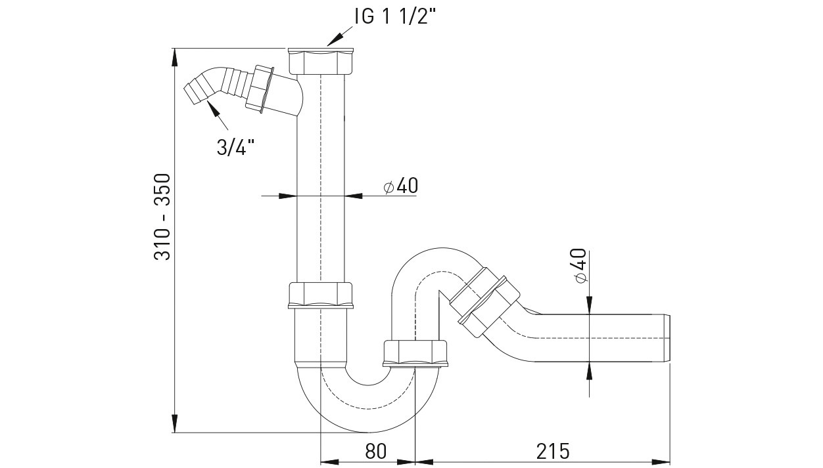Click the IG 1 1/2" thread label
[x=394, y=17]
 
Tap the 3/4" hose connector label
[x=235, y=147]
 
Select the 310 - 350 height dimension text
[x=162, y=217]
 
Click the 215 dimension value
[x=552, y=452]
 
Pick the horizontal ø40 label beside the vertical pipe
[x=400, y=186]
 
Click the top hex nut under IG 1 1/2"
[x=321, y=62]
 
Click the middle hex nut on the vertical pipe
[x=321, y=295]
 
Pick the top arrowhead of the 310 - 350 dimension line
[x=175, y=55]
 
